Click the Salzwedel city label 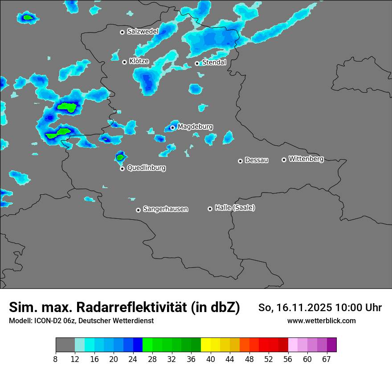click(x=143, y=32)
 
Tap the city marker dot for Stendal click(x=197, y=63)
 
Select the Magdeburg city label click(x=195, y=127)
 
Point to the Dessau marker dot click(x=240, y=161)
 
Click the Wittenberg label click(x=306, y=159)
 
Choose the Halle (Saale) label click(x=235, y=208)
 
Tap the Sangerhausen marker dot click(x=138, y=210)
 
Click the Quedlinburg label click(x=146, y=169)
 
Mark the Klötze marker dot click(x=124, y=62)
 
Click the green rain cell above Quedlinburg click(x=120, y=157)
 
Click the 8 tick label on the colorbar click(x=56, y=359)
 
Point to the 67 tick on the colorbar click(x=327, y=359)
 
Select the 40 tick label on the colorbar click(x=211, y=359)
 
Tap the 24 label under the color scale click(x=133, y=359)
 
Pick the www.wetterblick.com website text click(x=321, y=321)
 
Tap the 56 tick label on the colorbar click(x=288, y=359)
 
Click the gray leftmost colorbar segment click(x=65, y=345)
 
